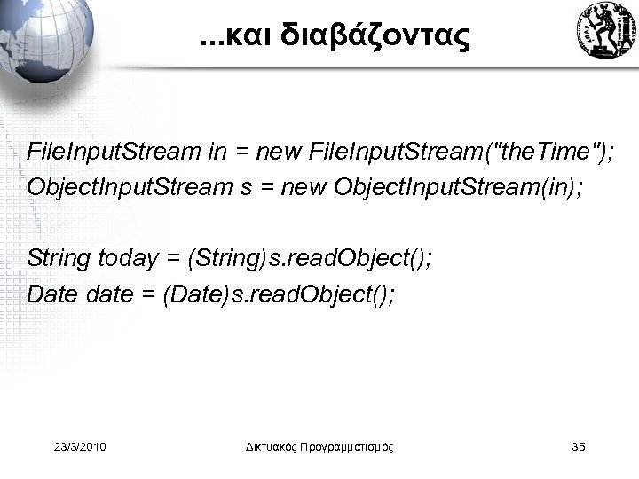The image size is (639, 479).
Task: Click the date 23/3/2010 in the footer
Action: point(80,446)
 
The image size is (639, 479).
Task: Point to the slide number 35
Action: point(580,446)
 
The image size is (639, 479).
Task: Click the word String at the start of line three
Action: point(59,258)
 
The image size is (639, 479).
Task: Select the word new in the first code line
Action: point(279,152)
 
